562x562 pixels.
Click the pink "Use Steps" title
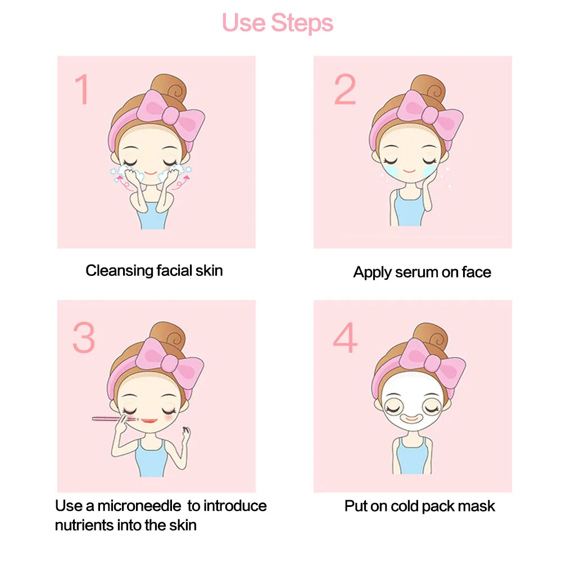(x=278, y=23)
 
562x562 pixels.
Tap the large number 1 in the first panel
(x=83, y=89)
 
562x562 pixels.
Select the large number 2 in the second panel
(x=345, y=89)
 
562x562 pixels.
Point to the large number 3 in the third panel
(x=84, y=337)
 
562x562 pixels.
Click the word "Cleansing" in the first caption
(x=119, y=271)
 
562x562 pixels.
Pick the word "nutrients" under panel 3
(x=84, y=525)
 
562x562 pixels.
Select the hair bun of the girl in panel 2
(x=428, y=87)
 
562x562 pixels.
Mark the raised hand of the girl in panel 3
(x=185, y=435)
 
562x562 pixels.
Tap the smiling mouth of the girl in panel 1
(x=151, y=174)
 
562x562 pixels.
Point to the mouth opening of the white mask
(x=412, y=418)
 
